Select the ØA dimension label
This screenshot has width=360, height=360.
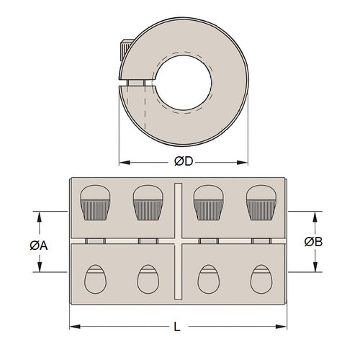pyautogui.click(x=39, y=245)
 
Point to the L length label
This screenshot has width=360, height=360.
pyautogui.click(x=177, y=328)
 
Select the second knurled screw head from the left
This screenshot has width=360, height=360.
pyautogui.click(x=147, y=202)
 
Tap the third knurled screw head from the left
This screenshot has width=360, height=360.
pyautogui.click(x=207, y=202)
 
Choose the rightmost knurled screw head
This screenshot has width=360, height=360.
pyautogui.click(x=261, y=202)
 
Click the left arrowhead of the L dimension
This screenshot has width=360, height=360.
pyautogui.click(x=73, y=328)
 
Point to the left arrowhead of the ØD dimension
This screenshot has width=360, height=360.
pyautogui.click(x=122, y=161)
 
